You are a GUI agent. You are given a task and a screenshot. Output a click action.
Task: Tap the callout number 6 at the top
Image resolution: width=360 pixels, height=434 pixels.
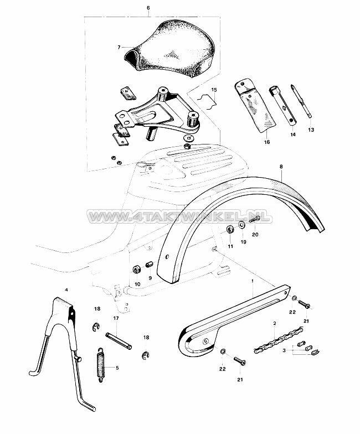click(x=148, y=8)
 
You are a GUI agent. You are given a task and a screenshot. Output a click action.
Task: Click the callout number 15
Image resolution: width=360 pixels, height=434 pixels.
click(x=214, y=89)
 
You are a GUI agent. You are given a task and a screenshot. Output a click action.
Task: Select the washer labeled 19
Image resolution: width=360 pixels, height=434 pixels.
click(x=243, y=225)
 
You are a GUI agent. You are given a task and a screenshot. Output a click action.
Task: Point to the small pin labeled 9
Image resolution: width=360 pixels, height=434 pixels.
click(x=148, y=265)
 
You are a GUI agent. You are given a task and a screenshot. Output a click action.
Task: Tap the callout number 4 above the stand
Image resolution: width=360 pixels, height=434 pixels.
click(x=66, y=290)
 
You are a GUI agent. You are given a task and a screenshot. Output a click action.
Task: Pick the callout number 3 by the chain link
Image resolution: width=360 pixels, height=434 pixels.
click(x=284, y=350)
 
